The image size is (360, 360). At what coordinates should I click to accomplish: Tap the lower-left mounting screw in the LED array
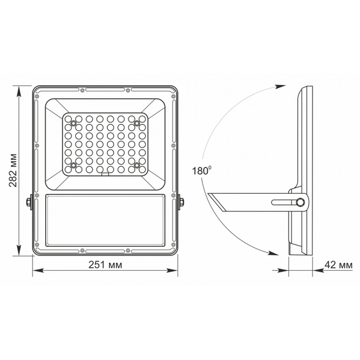[x=73, y=165]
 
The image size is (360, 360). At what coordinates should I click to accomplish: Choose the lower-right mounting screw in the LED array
[x=137, y=165]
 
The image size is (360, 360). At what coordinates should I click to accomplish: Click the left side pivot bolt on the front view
[x=29, y=202]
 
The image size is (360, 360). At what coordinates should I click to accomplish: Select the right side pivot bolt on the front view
[x=181, y=202]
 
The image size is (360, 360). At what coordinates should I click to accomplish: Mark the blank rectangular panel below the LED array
[x=105, y=219]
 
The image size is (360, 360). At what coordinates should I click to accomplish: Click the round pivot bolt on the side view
[x=300, y=202]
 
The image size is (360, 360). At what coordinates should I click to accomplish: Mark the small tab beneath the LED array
[x=105, y=176]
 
